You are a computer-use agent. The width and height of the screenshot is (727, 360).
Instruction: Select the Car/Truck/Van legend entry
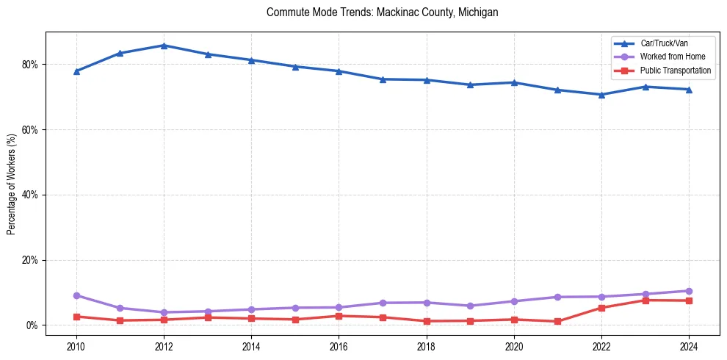point(664,43)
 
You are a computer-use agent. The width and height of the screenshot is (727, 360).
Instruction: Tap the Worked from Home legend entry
point(672,57)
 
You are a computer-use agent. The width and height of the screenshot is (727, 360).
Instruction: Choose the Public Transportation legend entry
point(675,71)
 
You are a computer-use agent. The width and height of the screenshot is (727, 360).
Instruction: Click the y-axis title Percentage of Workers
point(12,184)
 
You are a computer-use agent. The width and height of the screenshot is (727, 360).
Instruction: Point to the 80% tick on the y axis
point(30,65)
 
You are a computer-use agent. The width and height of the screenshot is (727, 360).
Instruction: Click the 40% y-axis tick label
point(30,195)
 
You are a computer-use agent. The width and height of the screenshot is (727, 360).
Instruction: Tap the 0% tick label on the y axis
point(32,325)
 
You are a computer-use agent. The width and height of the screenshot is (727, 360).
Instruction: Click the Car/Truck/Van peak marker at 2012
point(164,46)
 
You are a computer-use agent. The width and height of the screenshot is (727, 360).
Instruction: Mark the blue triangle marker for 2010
point(76,71)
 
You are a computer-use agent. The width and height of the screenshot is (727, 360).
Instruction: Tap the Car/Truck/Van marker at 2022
point(601,95)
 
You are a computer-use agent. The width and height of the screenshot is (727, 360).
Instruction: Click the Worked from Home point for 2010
point(76,295)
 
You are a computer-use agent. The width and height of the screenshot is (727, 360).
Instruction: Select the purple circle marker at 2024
point(689,291)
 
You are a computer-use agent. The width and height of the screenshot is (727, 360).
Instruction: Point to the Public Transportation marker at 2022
point(601,308)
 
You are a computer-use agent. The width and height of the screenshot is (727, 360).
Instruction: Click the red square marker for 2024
point(689,300)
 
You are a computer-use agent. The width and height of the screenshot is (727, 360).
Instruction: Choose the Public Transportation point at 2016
point(339,316)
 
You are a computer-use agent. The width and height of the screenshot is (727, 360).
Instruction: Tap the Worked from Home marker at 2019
point(470,306)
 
